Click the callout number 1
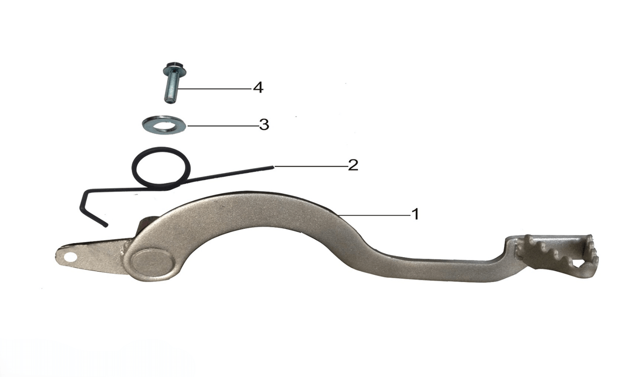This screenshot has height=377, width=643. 415,214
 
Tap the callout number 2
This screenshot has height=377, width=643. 353,165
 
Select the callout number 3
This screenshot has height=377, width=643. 264,124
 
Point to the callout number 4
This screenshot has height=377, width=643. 258,87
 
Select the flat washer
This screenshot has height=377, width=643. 164,124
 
